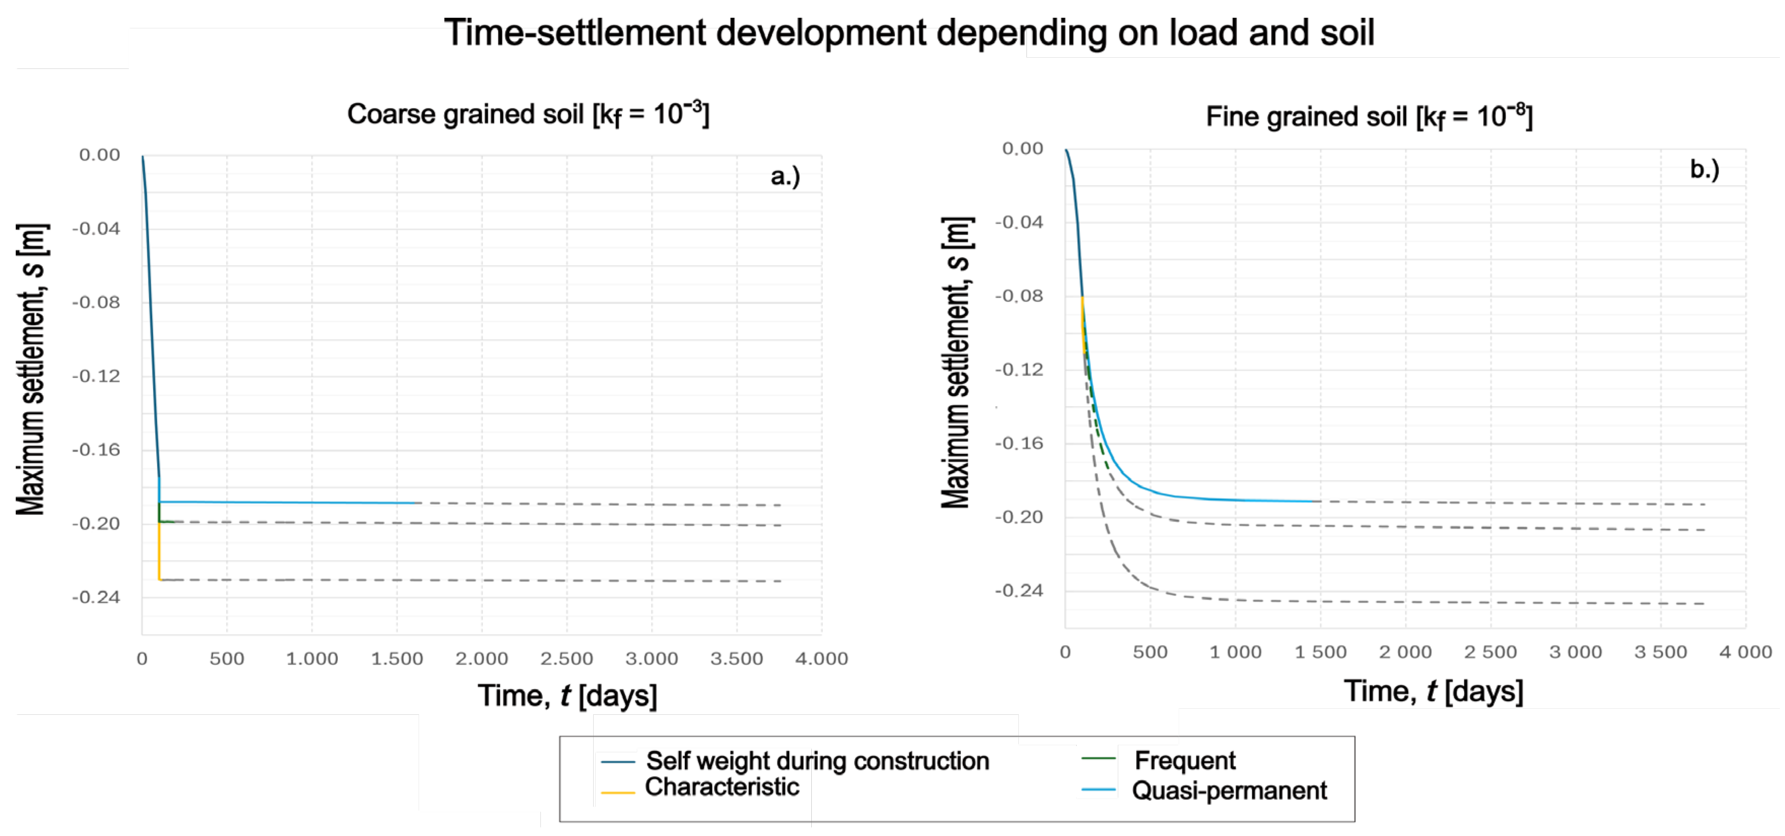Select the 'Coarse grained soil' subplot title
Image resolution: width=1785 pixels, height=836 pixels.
528,114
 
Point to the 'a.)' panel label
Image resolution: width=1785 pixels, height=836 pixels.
785,176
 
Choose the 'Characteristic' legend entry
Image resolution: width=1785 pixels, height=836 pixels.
722,787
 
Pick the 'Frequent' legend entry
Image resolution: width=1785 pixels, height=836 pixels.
1184,760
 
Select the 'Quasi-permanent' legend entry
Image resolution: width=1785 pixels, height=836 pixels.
1228,790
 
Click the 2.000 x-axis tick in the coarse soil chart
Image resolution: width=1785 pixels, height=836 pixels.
481,659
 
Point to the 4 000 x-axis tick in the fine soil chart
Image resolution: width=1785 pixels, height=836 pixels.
1745,652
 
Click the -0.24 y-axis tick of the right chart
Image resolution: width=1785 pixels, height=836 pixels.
1019,591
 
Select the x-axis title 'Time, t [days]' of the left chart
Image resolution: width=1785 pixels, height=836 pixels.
567,696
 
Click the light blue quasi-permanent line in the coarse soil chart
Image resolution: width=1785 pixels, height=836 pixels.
291,502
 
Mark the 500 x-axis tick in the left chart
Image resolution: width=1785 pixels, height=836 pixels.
227,659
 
